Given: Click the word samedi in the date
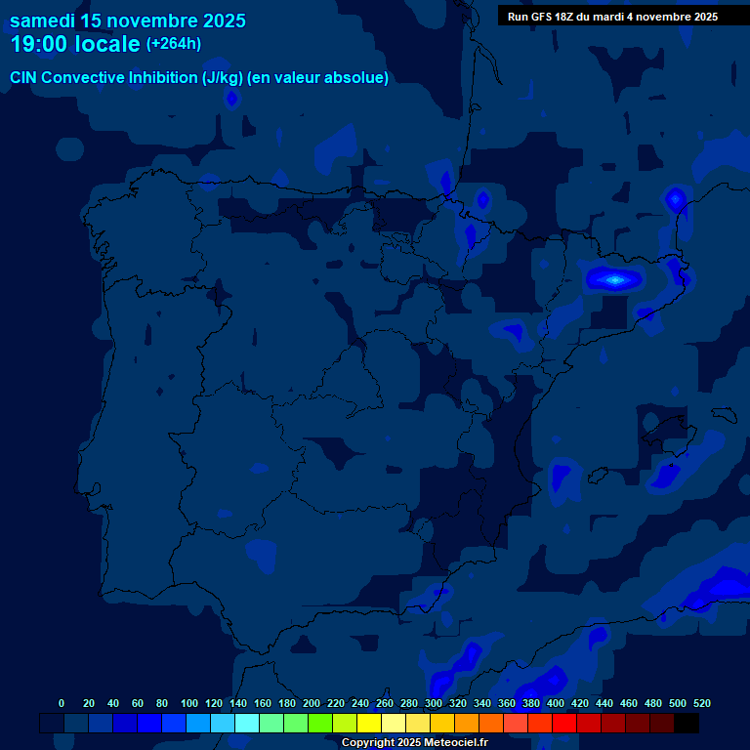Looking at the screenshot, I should click(x=42, y=21).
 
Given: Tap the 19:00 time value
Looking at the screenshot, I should click(x=40, y=44).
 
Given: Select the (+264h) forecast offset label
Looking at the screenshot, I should click(x=174, y=44).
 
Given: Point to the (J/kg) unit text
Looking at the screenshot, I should click(x=224, y=77).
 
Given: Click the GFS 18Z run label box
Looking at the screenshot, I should click(x=612, y=17).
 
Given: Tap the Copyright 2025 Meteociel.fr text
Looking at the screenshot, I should click(x=414, y=743).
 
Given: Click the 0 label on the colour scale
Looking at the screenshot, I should click(x=62, y=703).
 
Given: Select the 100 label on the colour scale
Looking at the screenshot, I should click(x=189, y=703).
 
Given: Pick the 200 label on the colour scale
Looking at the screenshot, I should click(x=312, y=703).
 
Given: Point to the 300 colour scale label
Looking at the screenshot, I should click(x=434, y=703).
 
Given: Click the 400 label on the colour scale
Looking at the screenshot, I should click(x=556, y=703).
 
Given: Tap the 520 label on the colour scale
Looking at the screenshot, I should click(x=701, y=703).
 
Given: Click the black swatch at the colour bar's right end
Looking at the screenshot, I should click(x=687, y=723).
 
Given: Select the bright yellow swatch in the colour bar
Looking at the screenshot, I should click(x=369, y=723).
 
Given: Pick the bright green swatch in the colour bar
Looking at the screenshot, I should click(x=320, y=723).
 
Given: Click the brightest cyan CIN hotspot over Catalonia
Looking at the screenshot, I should click(x=614, y=280).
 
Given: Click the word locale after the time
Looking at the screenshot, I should click(x=107, y=44).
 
